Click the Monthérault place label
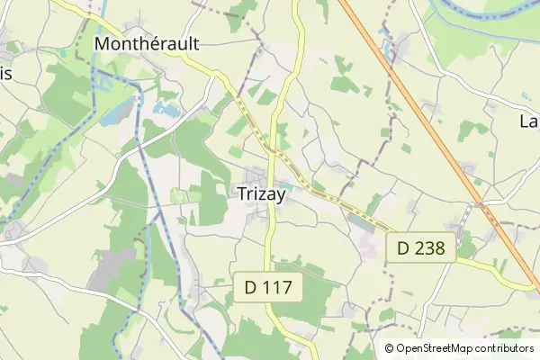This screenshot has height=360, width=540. pos(147,43)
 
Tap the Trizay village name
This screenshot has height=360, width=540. pos(260,193)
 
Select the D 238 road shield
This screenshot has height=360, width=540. pos(420,247)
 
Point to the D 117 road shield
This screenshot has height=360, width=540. pos(269,288)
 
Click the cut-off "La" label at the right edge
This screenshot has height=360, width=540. pos(529,121)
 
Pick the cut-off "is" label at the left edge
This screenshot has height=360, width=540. pos(5,75)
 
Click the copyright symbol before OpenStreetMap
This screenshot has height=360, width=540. pos(389,348)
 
